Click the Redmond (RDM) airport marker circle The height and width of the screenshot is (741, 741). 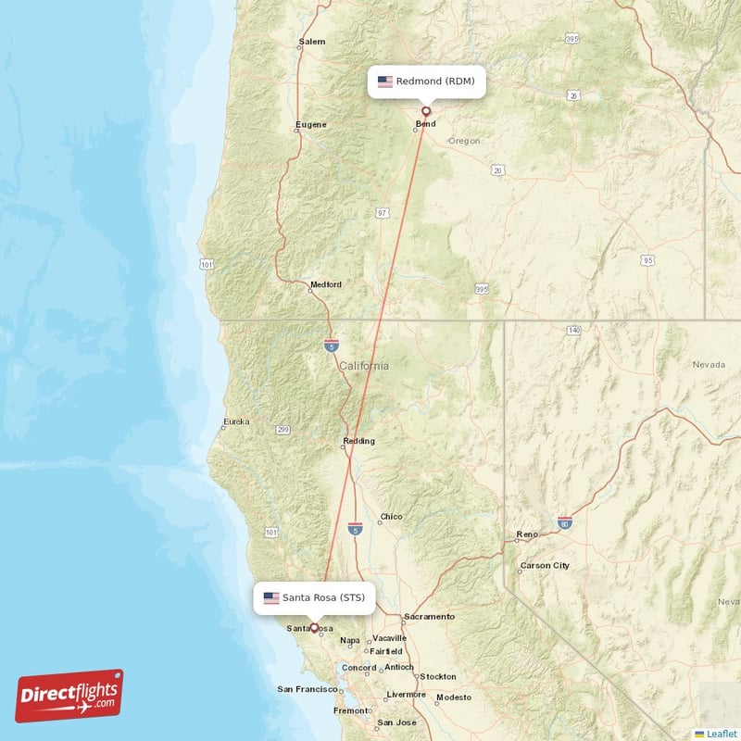[426, 111]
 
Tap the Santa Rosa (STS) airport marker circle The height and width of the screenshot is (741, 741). [314, 627]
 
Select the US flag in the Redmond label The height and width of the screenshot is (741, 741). [384, 82]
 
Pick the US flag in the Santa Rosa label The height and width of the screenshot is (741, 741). [271, 597]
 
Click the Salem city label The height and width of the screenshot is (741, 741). [312, 43]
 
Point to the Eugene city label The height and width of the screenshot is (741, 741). [310, 124]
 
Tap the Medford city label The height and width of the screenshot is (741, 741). [326, 284]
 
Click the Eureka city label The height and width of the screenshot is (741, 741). [236, 422]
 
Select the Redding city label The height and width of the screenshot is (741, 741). [358, 441]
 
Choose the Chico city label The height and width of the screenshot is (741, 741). [391, 517]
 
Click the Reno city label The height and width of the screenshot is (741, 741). [527, 534]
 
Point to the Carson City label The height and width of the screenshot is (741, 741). [545, 565]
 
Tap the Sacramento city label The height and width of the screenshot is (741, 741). [428, 616]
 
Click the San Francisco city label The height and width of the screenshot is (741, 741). [307, 689]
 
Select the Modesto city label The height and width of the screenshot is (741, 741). [454, 697]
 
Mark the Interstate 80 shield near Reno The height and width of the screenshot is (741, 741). [564, 523]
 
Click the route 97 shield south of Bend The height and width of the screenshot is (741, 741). [383, 213]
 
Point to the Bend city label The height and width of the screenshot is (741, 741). [425, 124]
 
